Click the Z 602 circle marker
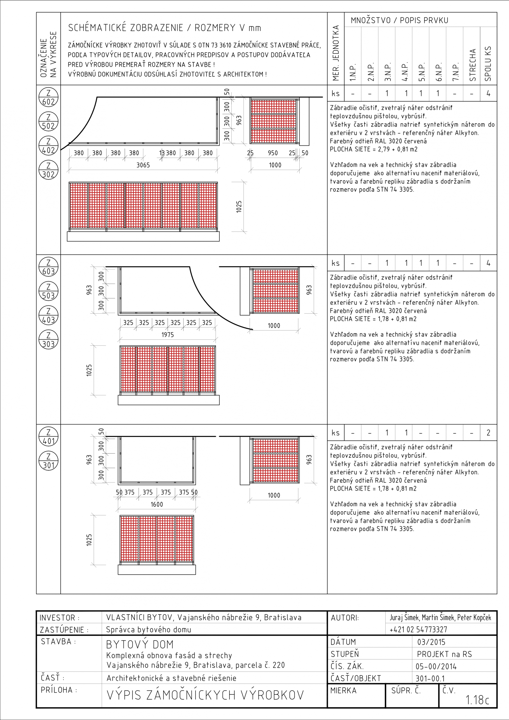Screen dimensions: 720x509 point(48,97)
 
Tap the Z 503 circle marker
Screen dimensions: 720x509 point(48,291)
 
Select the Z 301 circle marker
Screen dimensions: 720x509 point(48,461)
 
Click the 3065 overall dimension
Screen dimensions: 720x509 point(143,165)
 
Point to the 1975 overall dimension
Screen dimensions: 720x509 point(167,335)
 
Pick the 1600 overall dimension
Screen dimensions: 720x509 point(157,504)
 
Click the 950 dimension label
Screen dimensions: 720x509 point(272,153)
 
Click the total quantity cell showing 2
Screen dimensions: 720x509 point(488,433)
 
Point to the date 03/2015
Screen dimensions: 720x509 point(431,642)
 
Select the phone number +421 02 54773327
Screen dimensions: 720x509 point(418,629)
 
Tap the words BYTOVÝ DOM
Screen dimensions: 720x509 point(140,644)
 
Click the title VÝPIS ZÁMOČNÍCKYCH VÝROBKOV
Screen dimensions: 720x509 point(205,695)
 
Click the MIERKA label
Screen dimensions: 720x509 point(343,691)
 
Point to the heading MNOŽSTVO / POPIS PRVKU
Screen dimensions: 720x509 point(399,20)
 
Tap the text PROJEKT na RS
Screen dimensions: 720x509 point(444,654)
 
